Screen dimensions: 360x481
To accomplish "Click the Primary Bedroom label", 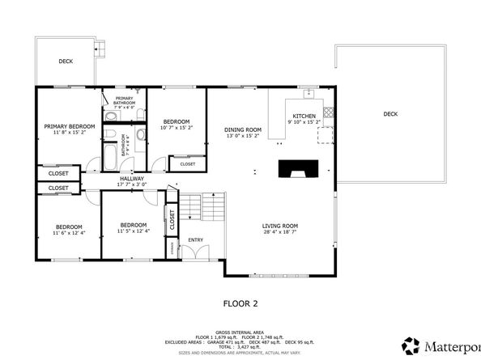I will click(x=70, y=126).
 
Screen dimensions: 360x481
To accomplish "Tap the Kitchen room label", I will click(x=304, y=116).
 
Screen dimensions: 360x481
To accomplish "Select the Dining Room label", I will click(x=243, y=129).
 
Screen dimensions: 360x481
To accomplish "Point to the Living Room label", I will click(x=280, y=226).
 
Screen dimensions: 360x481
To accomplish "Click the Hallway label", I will click(x=132, y=178).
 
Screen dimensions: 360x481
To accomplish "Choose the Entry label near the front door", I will click(x=196, y=239).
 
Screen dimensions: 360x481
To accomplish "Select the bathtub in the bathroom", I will click(x=109, y=153).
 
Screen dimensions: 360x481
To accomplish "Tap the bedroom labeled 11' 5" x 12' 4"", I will click(x=133, y=225).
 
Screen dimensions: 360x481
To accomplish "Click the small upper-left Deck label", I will click(x=66, y=61).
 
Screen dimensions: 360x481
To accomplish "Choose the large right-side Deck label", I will click(x=390, y=114).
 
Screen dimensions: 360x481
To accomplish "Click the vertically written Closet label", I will click(x=172, y=218).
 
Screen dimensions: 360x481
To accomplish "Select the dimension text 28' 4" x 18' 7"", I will click(x=280, y=232).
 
